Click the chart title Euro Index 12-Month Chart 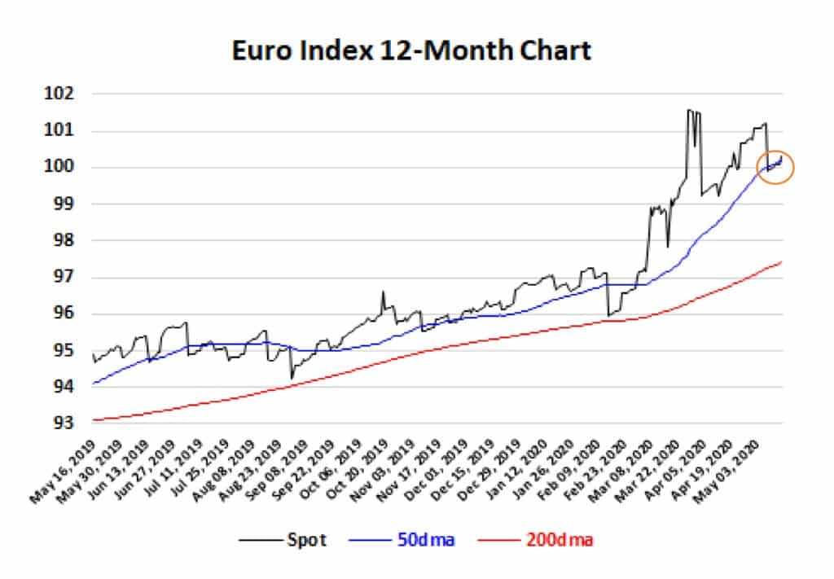point(411,51)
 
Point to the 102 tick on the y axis point(59,94)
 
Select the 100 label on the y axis point(59,167)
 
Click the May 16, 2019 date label point(64,471)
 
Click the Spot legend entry point(306,540)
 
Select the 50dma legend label point(426,540)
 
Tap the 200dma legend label point(560,540)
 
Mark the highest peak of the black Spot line point(689,110)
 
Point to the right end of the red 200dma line point(781,261)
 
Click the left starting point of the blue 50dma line point(93,384)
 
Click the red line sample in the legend point(498,541)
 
